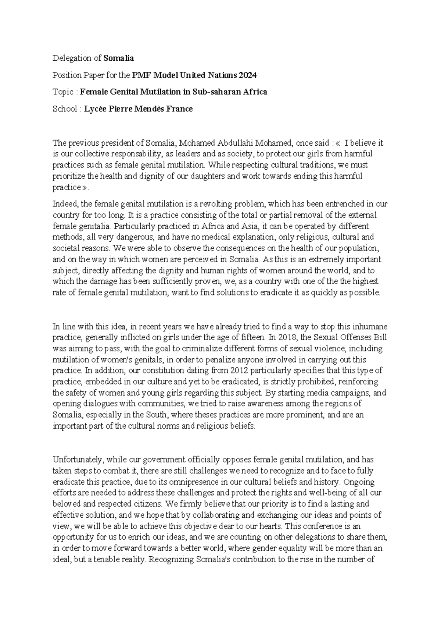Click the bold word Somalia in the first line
pos(119,58)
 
